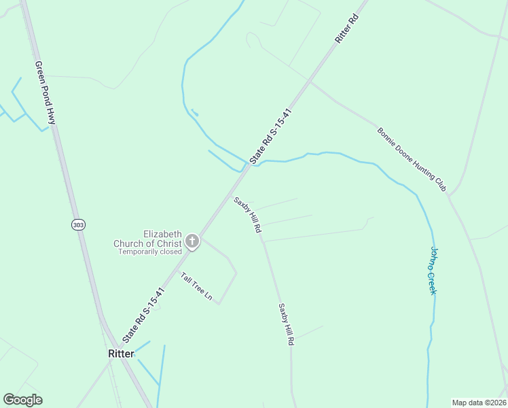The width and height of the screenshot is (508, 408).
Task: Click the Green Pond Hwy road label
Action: coord(46,92)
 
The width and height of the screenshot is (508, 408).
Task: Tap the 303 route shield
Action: coord(79,224)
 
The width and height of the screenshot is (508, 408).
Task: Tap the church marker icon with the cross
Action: coord(192,241)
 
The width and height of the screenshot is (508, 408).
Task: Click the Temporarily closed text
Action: coord(150,252)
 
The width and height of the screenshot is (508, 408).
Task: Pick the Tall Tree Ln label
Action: coord(196,287)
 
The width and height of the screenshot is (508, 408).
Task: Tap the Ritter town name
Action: coord(120,354)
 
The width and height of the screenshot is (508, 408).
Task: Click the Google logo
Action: coord(22,400)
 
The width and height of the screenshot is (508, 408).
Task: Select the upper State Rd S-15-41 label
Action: coord(270,136)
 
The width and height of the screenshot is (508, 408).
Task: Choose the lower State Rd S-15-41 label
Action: coord(144,313)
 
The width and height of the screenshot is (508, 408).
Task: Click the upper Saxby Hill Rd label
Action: coord(248,216)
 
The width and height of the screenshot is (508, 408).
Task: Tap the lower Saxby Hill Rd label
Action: coord(285,324)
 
